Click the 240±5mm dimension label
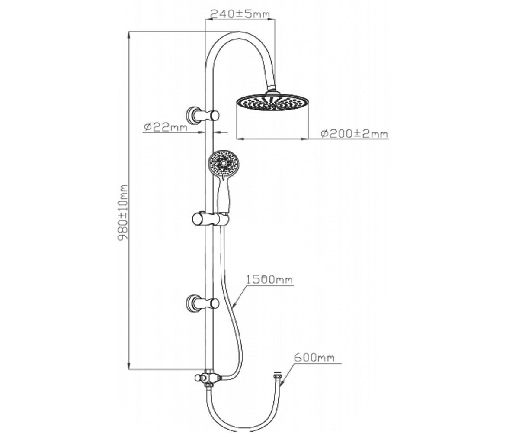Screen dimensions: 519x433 pos(240,14)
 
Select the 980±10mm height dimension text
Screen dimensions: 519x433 pos(122,212)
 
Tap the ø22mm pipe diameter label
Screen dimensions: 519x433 pos(165,127)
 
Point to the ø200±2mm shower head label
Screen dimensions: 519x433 pos(354,134)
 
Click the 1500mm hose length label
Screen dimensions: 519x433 pos(269,279)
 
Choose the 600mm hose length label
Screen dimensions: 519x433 pos(314,358)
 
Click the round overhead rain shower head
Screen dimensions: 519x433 pos(272,102)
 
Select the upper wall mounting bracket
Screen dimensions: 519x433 pos(202,116)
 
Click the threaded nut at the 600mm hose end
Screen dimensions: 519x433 pos(277,374)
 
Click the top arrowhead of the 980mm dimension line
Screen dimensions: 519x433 pos(129,35)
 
